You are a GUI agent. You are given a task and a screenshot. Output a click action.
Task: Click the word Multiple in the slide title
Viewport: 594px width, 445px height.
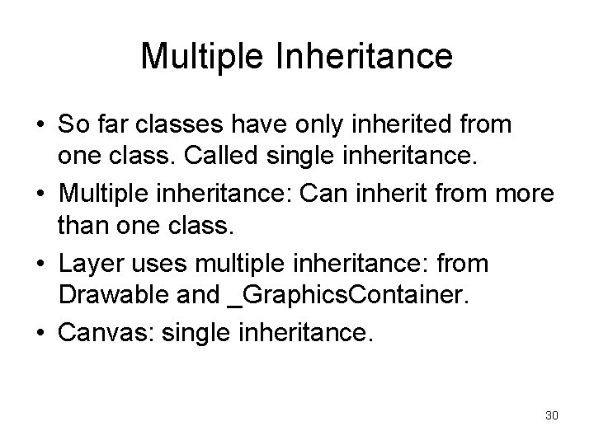(194, 57)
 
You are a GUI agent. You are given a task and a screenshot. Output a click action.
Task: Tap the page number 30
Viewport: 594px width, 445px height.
(552, 415)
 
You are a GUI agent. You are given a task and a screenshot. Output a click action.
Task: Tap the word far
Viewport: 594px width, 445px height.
(113, 126)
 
